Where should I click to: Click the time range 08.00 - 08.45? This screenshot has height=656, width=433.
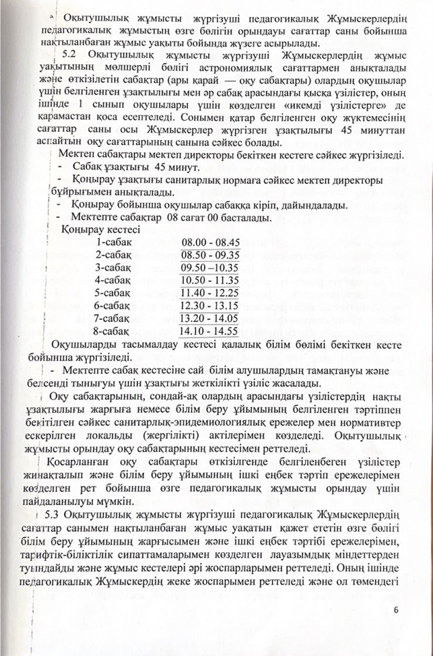[x=210, y=243]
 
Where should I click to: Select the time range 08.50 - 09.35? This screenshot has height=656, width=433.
[x=210, y=255]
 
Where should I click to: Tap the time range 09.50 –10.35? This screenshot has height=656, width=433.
[x=210, y=267]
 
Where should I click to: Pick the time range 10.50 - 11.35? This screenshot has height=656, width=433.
[x=210, y=280]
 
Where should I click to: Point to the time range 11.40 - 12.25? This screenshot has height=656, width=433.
[x=210, y=293]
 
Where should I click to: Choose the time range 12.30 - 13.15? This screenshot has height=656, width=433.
[x=210, y=305]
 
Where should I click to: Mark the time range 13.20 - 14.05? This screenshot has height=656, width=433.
[x=210, y=318]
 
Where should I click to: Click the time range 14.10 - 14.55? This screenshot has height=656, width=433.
[x=210, y=331]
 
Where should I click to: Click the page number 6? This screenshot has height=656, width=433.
[x=395, y=610]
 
